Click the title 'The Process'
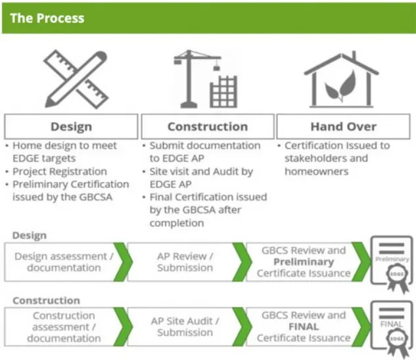point(47,18)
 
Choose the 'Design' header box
point(72,127)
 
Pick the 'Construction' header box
point(208,127)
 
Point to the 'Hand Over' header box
point(344,127)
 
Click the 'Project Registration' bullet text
point(58,171)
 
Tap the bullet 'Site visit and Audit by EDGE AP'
point(201,178)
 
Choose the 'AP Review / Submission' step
point(185,262)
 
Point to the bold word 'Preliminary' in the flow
point(304,262)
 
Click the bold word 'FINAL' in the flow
point(304,326)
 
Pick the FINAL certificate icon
point(392,327)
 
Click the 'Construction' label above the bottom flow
point(46,301)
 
